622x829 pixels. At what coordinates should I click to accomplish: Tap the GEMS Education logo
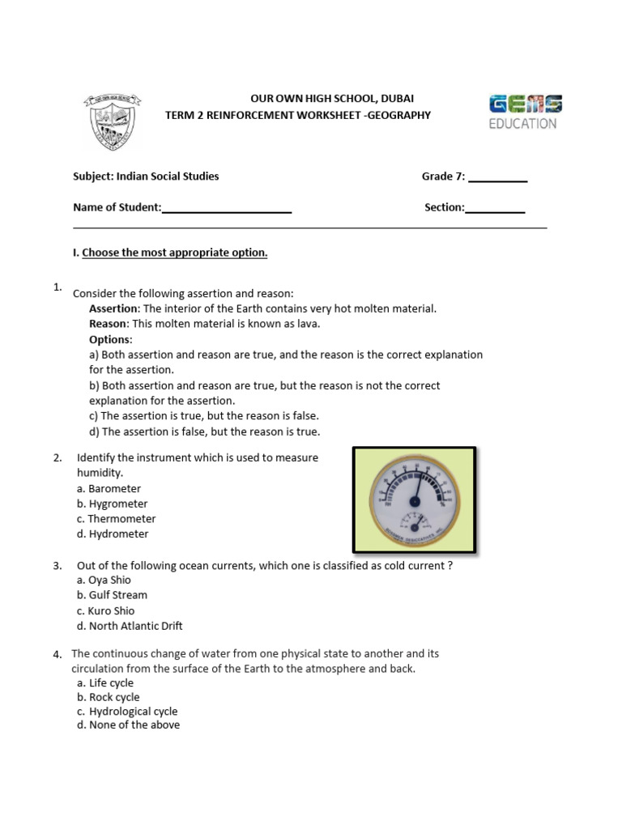(x=525, y=113)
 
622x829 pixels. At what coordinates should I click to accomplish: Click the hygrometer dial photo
(x=413, y=500)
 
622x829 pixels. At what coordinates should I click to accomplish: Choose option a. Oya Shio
(x=104, y=580)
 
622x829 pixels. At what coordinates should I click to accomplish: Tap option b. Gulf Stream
(x=112, y=595)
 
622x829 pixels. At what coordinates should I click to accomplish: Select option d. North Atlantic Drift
(x=130, y=626)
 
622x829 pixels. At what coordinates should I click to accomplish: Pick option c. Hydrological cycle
(x=127, y=712)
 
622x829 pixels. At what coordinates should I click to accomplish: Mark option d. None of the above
(x=128, y=725)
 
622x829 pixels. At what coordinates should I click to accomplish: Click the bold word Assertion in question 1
(x=114, y=308)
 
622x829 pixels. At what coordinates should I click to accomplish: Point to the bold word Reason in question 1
(x=109, y=324)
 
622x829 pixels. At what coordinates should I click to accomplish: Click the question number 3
(x=58, y=566)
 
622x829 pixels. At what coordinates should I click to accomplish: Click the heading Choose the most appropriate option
(x=174, y=253)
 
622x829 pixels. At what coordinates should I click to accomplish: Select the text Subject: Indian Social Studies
(x=146, y=176)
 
